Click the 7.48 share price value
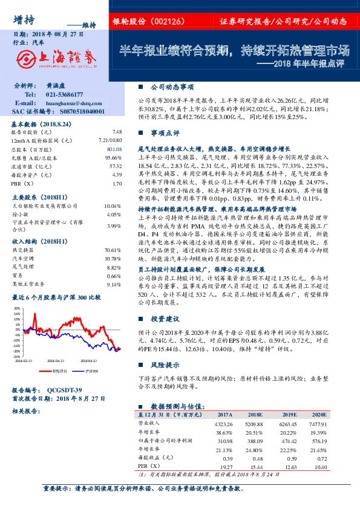click(x=117, y=131)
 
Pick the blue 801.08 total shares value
click(x=115, y=148)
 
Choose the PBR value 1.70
click(x=117, y=182)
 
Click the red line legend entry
click(x=53, y=371)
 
